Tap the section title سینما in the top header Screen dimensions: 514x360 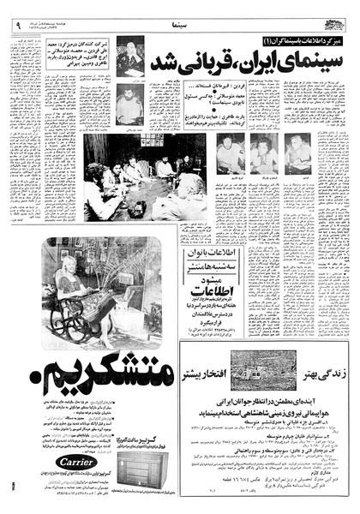(183, 16)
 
